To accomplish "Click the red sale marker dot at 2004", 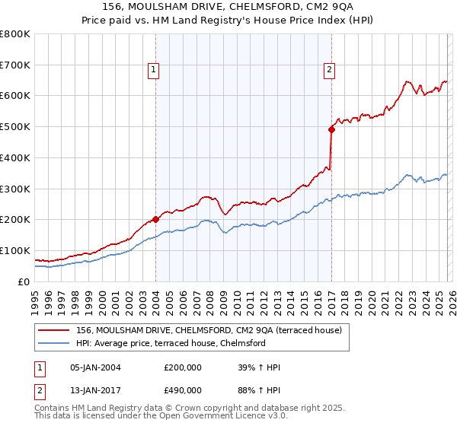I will pyautogui.click(x=155, y=219).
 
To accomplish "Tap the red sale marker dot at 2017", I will pyautogui.click(x=331, y=129).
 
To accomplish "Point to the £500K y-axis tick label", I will pyautogui.click(x=15, y=126).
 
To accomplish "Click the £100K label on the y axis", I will pyautogui.click(x=15, y=250).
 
